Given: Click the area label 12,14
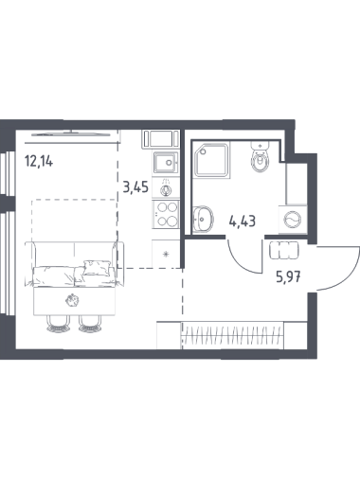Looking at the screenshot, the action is tap(39, 162).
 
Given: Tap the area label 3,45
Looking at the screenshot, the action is tap(135, 187).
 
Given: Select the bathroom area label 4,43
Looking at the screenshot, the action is tap(243, 222).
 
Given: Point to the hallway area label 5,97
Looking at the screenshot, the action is tap(288, 278).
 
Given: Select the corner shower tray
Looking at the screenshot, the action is tap(211, 160).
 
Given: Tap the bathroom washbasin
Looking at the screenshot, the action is tap(203, 219).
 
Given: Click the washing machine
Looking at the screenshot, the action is tap(293, 220).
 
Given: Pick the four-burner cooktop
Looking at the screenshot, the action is tap(166, 214).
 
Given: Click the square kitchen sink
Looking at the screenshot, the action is tap(166, 162).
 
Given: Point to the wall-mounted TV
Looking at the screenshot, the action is tap(71, 133).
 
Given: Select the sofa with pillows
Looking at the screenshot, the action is tap(74, 264).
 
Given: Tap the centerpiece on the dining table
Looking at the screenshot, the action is tap(72, 300).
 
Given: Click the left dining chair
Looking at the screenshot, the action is tap(58, 324).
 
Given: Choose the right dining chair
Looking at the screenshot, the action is tap(90, 324).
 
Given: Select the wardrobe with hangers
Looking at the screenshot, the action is tap(232, 335).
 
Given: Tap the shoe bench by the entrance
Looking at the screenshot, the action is tap(284, 250).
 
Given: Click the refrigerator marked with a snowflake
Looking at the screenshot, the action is tap(166, 254).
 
